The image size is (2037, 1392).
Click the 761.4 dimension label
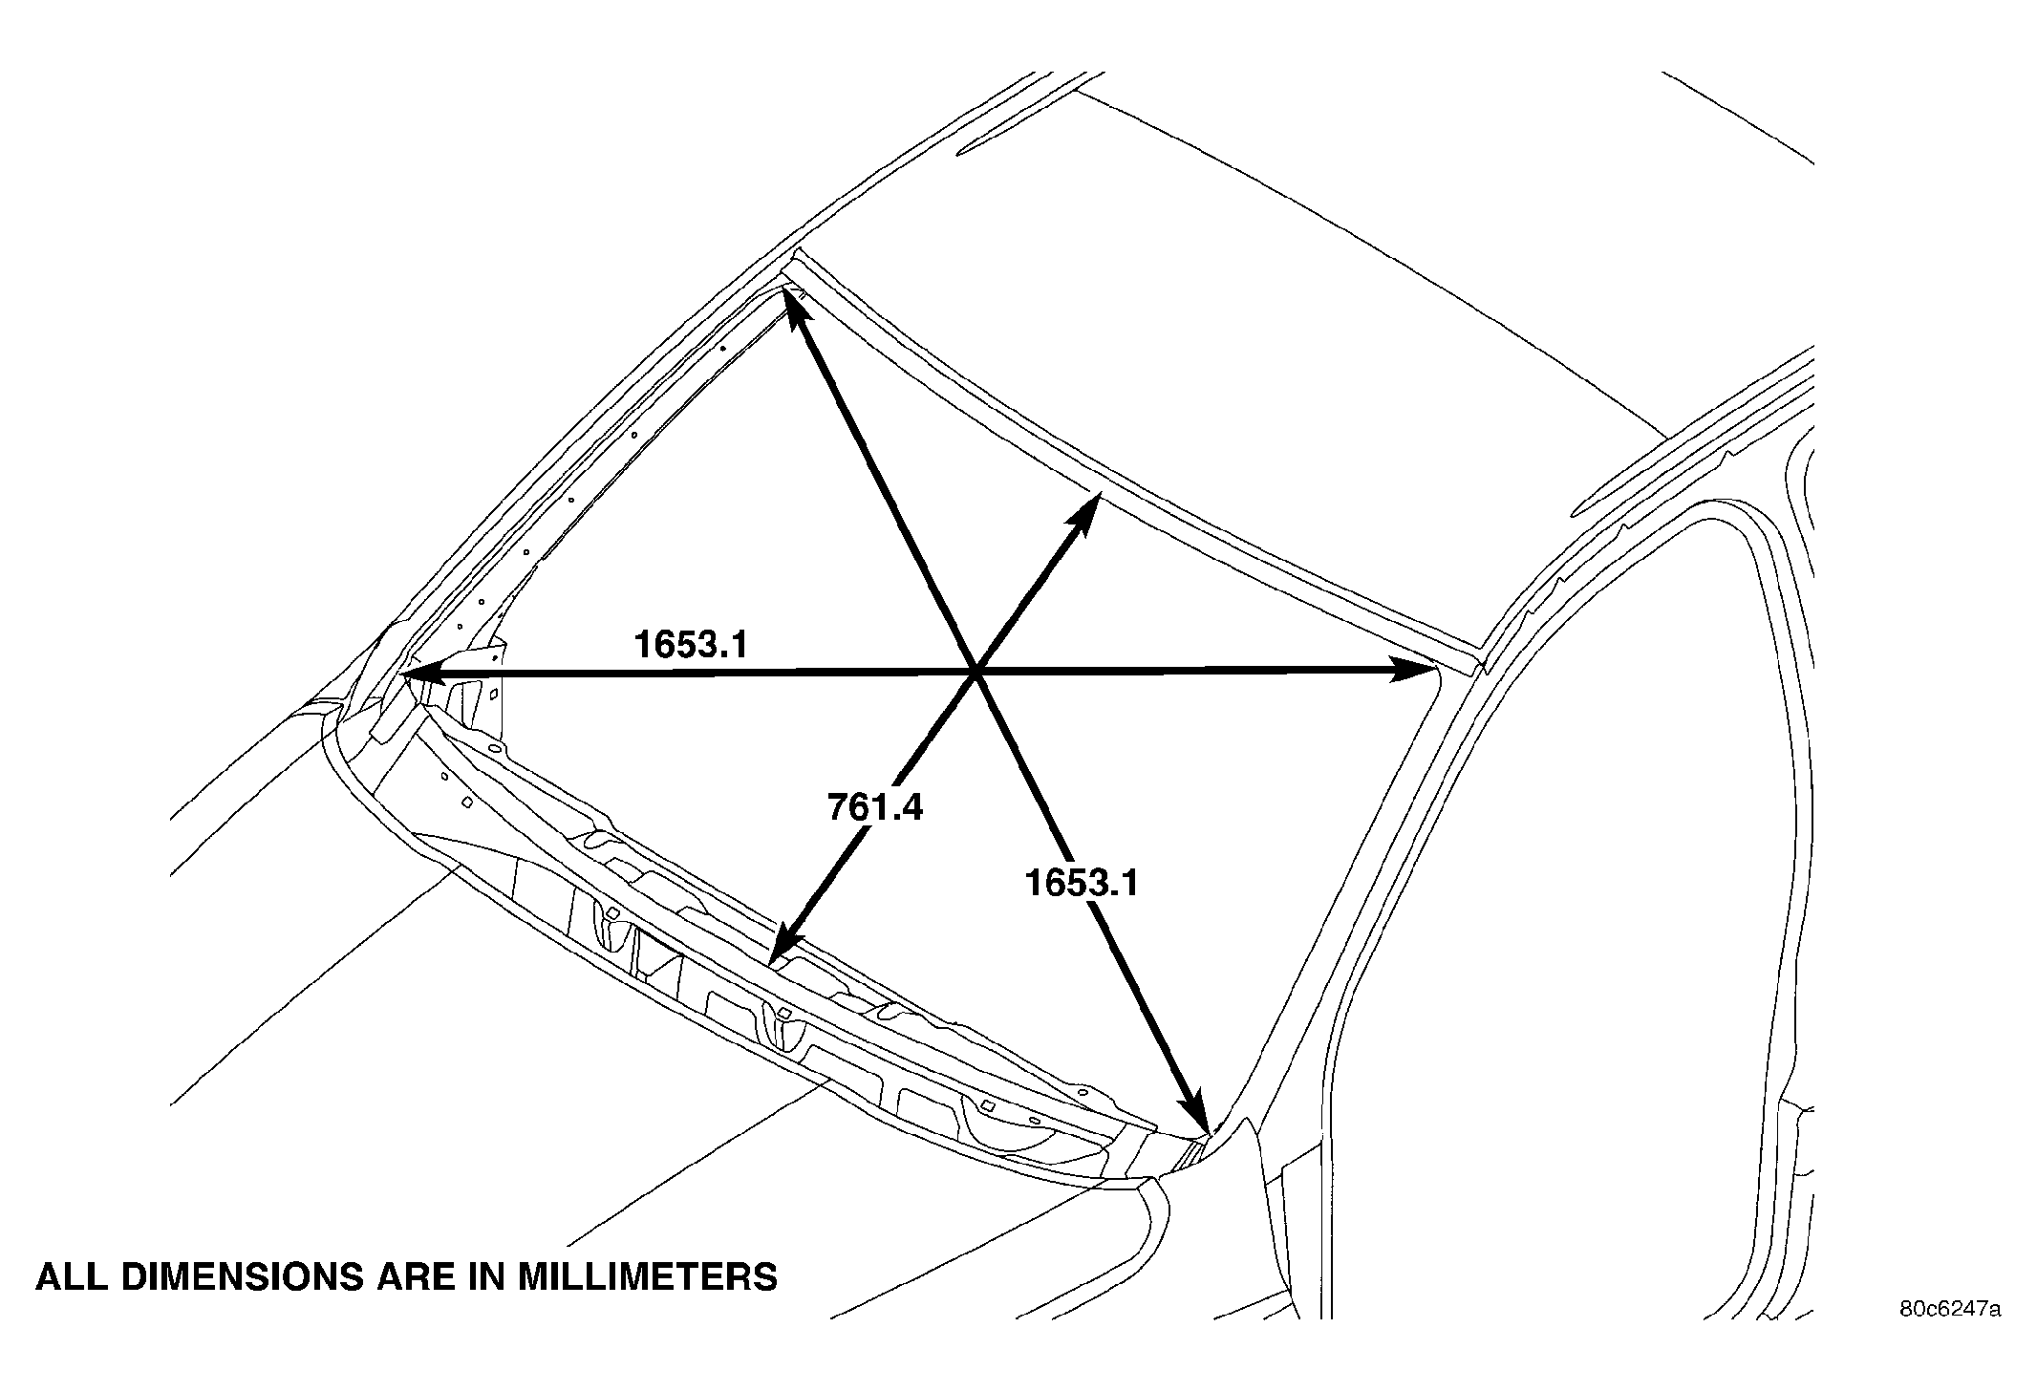[x=875, y=807]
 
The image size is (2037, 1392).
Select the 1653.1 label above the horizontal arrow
[x=690, y=645]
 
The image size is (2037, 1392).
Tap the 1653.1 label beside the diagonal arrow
[x=1082, y=882]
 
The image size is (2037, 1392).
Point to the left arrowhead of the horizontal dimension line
[x=420, y=674]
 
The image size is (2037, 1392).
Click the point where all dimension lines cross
[x=976, y=672]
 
